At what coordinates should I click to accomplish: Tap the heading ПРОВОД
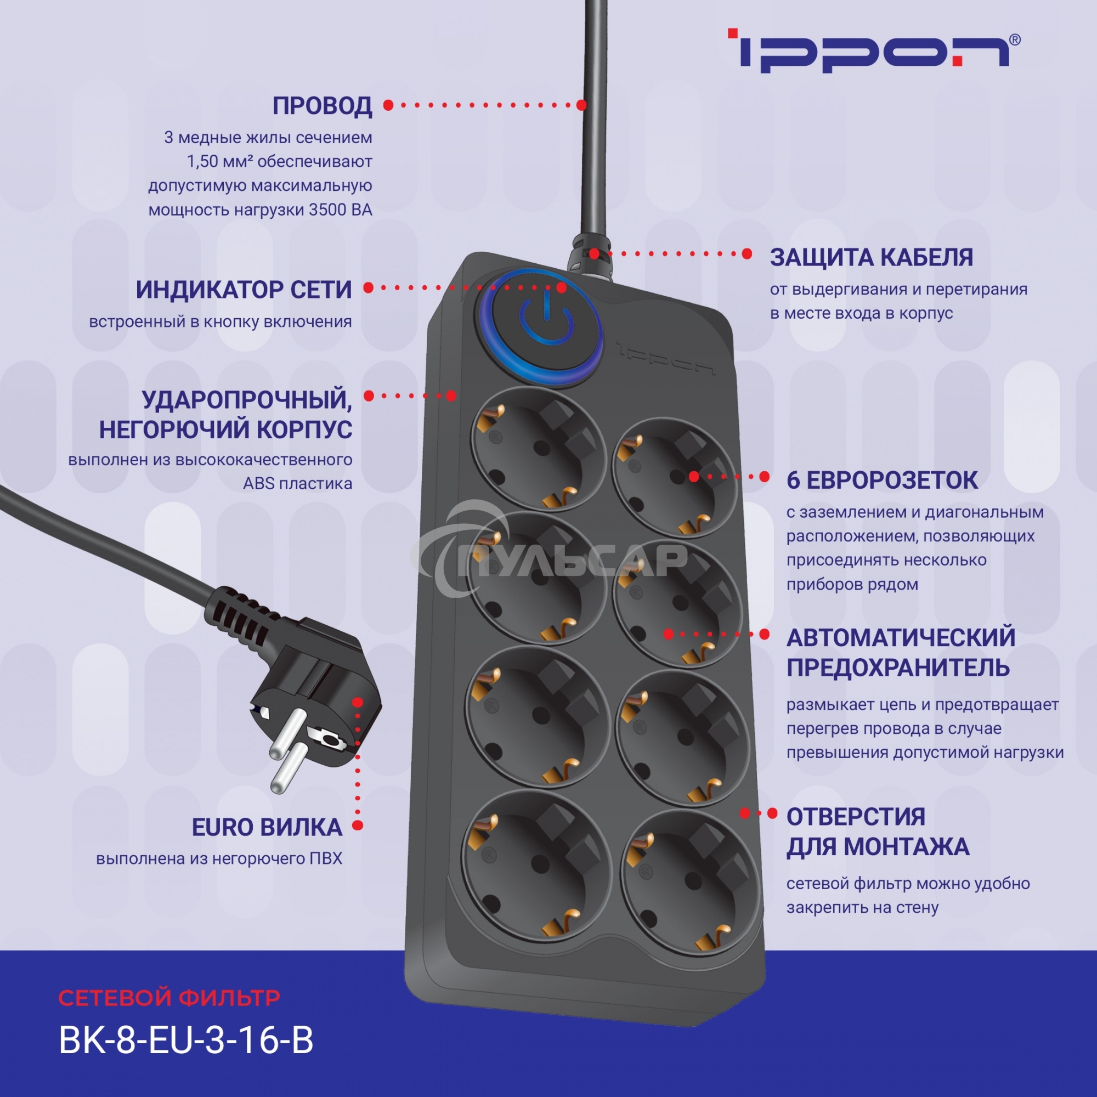tap(322, 106)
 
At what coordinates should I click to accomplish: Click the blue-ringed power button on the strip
tap(538, 327)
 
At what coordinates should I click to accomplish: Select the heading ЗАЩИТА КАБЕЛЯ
tap(871, 257)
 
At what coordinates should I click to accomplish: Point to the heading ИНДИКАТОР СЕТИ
tap(244, 290)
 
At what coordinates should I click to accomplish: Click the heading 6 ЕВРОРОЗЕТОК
tap(882, 480)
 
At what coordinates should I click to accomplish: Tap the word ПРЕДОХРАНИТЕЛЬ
tap(898, 668)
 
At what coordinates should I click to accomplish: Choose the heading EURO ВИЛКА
tap(267, 827)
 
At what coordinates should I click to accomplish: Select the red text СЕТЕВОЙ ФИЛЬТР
tap(168, 998)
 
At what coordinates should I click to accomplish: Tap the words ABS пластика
tap(297, 484)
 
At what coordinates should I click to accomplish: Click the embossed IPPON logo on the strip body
tap(665, 358)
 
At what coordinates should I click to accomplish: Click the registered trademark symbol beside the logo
tap(1015, 39)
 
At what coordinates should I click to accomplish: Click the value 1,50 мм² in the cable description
tap(219, 162)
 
